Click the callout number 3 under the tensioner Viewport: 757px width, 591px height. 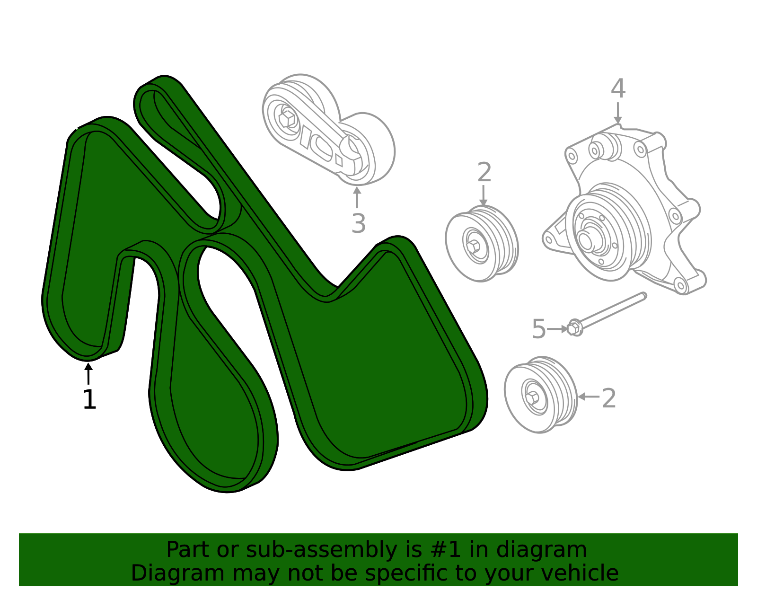tap(359, 223)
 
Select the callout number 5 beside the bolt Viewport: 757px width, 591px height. tap(538, 328)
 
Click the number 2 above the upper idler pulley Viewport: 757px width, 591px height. tap(484, 172)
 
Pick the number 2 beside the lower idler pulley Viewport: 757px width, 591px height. tap(609, 398)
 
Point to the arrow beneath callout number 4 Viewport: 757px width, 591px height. tap(617, 113)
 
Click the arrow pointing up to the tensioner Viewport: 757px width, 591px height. tap(357, 197)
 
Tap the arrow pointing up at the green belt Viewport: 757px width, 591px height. tap(88, 373)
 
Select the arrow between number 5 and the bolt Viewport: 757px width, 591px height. tap(557, 329)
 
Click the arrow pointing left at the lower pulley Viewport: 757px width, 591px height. tap(589, 397)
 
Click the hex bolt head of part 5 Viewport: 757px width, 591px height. tap(574, 328)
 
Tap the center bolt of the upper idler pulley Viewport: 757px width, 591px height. tap(474, 246)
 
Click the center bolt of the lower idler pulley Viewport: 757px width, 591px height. tap(532, 397)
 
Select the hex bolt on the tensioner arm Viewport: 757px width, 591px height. tap(287, 119)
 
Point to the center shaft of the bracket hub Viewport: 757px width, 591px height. tap(585, 240)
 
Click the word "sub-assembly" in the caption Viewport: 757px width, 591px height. tap(321, 549)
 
